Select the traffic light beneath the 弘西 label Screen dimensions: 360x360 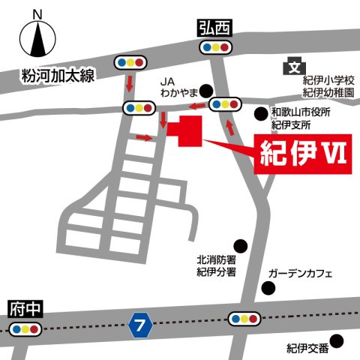pos(215,47)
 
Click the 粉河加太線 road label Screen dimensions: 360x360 pos(56,76)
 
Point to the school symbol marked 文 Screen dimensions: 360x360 pos(292,67)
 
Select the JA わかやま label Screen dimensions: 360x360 pos(178,88)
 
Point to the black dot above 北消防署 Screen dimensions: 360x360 pos(240,245)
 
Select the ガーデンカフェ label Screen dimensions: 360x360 pos(300,274)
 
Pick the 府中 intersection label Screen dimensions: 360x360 pos(25,308)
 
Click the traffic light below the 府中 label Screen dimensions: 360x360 pos(25,329)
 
